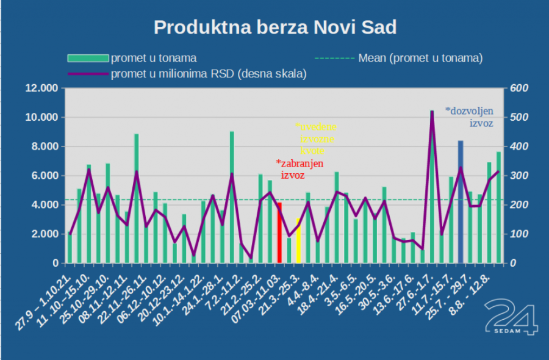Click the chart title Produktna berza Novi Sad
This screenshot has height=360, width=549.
coord(274,27)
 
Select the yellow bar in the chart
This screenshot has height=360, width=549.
coord(298,241)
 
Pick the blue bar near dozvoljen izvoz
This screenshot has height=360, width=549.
coord(461,201)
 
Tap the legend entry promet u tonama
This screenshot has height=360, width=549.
coord(153,59)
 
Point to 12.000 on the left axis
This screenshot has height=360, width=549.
coord(41,88)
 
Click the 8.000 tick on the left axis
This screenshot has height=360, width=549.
coord(44,147)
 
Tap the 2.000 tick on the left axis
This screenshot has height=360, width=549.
coord(44,234)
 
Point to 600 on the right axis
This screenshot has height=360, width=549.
coord(518,88)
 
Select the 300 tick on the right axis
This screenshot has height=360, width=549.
coord(518,176)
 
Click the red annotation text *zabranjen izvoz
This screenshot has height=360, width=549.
coord(299,169)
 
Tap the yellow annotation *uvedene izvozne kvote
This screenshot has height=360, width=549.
coord(316,139)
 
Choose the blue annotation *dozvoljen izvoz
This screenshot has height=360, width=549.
coord(469,117)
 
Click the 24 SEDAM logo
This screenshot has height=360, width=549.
coord(511,317)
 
